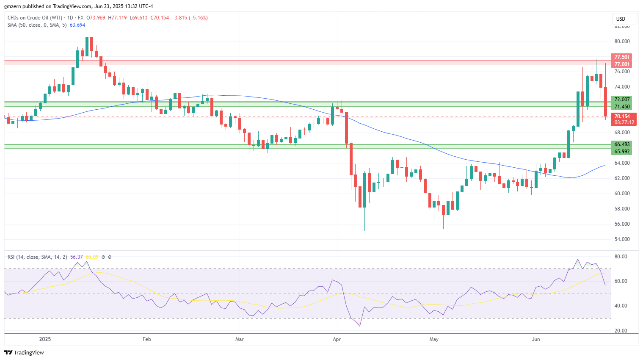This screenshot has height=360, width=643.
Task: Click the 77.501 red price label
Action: (622, 57)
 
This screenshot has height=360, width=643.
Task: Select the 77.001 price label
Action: (622, 64)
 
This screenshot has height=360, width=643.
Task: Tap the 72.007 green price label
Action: (622, 100)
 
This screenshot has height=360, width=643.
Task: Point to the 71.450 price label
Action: (622, 107)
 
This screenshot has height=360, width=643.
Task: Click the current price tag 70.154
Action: (622, 116)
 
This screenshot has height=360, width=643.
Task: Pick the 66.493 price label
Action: (622, 144)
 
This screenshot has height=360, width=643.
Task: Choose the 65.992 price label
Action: (622, 152)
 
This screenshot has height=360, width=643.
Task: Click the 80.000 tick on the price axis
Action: (622, 42)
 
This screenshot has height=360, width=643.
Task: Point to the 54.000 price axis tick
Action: (622, 239)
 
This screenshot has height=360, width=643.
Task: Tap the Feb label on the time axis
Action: (147, 339)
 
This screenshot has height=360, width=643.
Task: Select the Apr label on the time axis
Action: (337, 339)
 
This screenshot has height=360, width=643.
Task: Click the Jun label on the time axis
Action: (536, 339)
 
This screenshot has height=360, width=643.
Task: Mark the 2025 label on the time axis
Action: (45, 339)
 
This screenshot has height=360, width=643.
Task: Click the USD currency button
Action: (621, 19)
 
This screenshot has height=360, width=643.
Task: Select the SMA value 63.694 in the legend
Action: (77, 25)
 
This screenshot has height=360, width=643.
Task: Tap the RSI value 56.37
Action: (76, 257)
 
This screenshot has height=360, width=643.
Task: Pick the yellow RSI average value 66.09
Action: (92, 257)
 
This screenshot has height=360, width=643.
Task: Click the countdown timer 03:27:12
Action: (624, 122)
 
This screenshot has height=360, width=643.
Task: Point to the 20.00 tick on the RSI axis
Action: (621, 331)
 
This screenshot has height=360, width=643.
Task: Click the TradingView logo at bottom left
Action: (24, 352)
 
